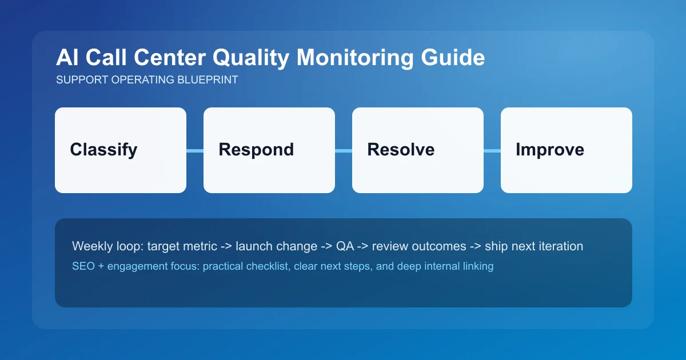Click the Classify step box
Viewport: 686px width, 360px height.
121,150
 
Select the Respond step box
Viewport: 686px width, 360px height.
269,150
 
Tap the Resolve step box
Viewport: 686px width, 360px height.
418,150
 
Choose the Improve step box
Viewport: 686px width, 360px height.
567,150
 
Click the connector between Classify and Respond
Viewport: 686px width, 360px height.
195,151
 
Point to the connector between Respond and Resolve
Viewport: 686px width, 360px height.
344,151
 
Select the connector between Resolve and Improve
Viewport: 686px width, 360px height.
492,151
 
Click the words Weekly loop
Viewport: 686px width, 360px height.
107,246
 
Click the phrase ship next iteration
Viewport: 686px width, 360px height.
534,246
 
